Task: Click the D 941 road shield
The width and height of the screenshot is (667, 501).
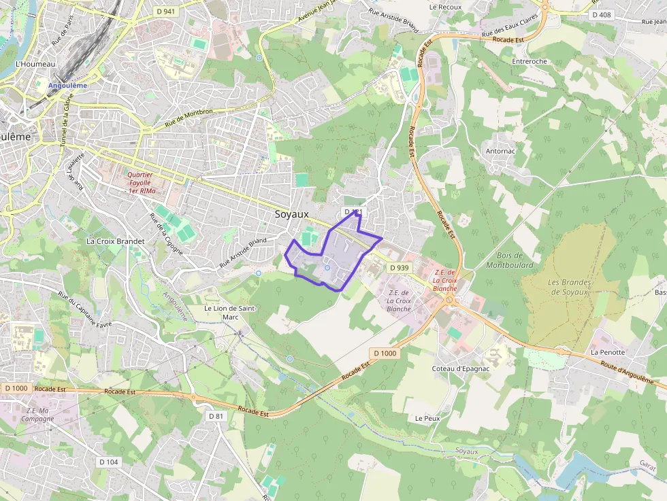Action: coord(165,11)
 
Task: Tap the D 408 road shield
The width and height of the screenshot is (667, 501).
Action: coord(602,14)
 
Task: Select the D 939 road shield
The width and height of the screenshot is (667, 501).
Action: coord(400,268)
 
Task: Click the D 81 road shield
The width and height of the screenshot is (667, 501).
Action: coord(216,415)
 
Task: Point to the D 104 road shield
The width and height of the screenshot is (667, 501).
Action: coord(108,462)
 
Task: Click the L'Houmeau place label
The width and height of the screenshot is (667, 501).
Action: coord(35,64)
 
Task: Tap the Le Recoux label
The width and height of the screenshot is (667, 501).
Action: coord(446,7)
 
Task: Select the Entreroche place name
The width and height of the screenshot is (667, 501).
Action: coord(529,61)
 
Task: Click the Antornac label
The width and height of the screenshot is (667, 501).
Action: coord(500,151)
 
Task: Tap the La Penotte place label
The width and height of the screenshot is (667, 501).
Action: coord(608,353)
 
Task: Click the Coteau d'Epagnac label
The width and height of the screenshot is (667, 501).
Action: coord(461,368)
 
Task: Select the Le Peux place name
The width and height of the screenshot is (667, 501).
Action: coord(427,418)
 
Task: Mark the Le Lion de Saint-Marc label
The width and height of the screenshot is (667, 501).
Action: coord(231,312)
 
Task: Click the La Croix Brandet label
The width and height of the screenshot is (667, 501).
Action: coord(115,241)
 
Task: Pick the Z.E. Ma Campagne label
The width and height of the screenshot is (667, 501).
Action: coord(40,414)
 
